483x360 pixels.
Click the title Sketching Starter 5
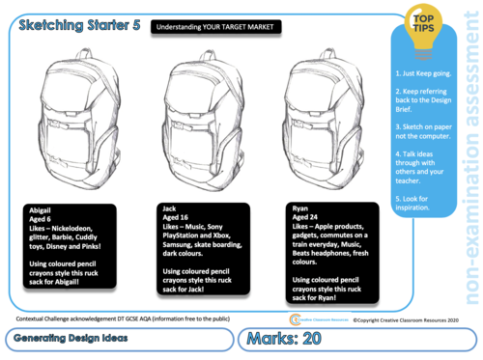72,28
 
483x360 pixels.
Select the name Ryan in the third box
300,208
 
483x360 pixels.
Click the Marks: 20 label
292,340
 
